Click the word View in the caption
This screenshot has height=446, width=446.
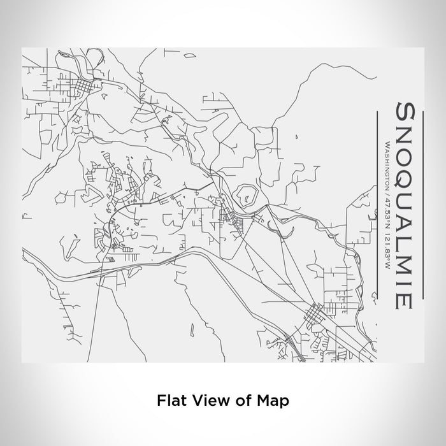tap(207, 401)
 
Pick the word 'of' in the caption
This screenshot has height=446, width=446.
tap(241, 401)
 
